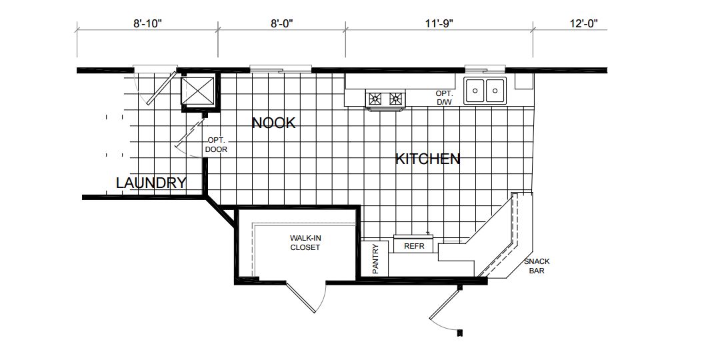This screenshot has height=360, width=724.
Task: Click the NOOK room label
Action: click(x=273, y=123)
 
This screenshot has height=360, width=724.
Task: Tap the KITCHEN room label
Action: click(x=427, y=159)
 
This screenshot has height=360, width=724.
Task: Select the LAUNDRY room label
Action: click(x=151, y=183)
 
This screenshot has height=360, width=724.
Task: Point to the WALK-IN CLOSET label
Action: click(x=305, y=243)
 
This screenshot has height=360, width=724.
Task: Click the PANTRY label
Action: click(x=375, y=259)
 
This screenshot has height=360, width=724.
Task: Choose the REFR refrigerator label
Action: click(x=414, y=247)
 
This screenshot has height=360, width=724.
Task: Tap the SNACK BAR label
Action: click(x=537, y=266)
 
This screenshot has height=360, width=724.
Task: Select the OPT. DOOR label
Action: click(x=216, y=145)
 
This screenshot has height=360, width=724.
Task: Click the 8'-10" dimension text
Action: click(x=149, y=23)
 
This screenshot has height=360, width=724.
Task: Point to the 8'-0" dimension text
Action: click(x=282, y=23)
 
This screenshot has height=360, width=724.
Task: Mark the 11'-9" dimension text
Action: click(x=439, y=23)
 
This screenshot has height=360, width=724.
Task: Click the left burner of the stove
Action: click(x=375, y=98)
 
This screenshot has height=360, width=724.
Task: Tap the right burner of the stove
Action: click(x=396, y=98)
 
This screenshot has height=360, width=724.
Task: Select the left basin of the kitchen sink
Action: click(x=475, y=91)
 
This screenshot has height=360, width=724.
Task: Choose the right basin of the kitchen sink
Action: click(x=495, y=91)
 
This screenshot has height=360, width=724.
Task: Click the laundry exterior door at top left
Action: click(x=155, y=87)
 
